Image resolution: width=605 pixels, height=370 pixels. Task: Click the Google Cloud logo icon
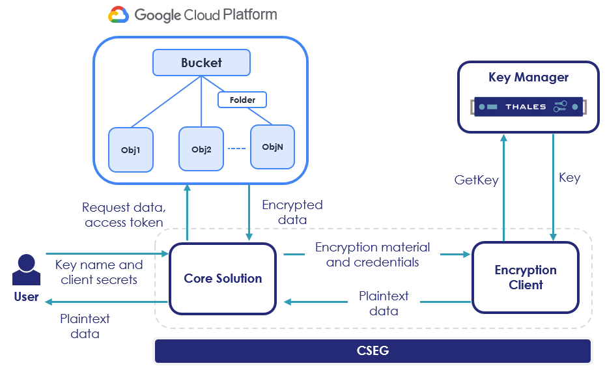[119, 15]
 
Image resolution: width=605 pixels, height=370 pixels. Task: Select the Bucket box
[201, 63]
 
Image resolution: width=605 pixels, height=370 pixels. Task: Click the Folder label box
[242, 100]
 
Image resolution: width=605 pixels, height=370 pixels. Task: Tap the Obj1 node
[131, 150]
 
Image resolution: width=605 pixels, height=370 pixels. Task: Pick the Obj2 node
[201, 149]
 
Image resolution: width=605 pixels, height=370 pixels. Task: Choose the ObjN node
[272, 147]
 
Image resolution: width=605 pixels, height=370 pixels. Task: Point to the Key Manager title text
[528, 78]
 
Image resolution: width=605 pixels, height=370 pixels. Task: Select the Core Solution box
[223, 278]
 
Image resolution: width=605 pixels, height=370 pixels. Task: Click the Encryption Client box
[525, 277]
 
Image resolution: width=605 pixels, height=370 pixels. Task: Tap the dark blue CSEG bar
[373, 351]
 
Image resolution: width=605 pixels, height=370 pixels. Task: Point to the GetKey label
[476, 180]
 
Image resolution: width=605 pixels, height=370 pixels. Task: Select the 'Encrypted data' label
[292, 212]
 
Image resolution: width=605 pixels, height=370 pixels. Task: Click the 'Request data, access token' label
[124, 215]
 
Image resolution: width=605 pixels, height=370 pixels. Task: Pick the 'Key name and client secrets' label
[99, 272]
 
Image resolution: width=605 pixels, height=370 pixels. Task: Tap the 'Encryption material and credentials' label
[373, 255]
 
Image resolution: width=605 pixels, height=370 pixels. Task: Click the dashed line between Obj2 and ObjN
[237, 148]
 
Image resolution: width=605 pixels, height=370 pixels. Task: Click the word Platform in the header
[241, 14]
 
